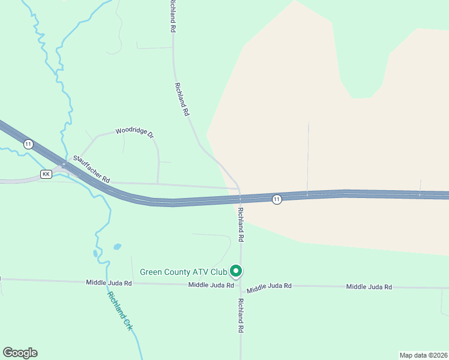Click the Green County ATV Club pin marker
click(x=237, y=271)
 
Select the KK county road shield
click(x=46, y=174)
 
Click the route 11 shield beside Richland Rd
click(x=276, y=199)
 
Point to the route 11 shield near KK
click(x=28, y=144)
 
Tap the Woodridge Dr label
click(x=135, y=131)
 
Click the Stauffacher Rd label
click(x=92, y=170)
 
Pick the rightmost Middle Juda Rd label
click(x=369, y=287)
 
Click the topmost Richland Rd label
click(x=172, y=20)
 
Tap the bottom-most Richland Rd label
click(x=241, y=316)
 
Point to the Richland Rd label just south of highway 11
click(x=241, y=224)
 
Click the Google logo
click(x=20, y=353)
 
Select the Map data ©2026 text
click(x=423, y=355)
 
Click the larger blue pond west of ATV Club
click(x=117, y=247)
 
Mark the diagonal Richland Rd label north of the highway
click(x=182, y=99)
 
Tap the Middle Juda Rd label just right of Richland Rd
click(x=270, y=287)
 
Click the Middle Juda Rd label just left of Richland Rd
click(x=210, y=285)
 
